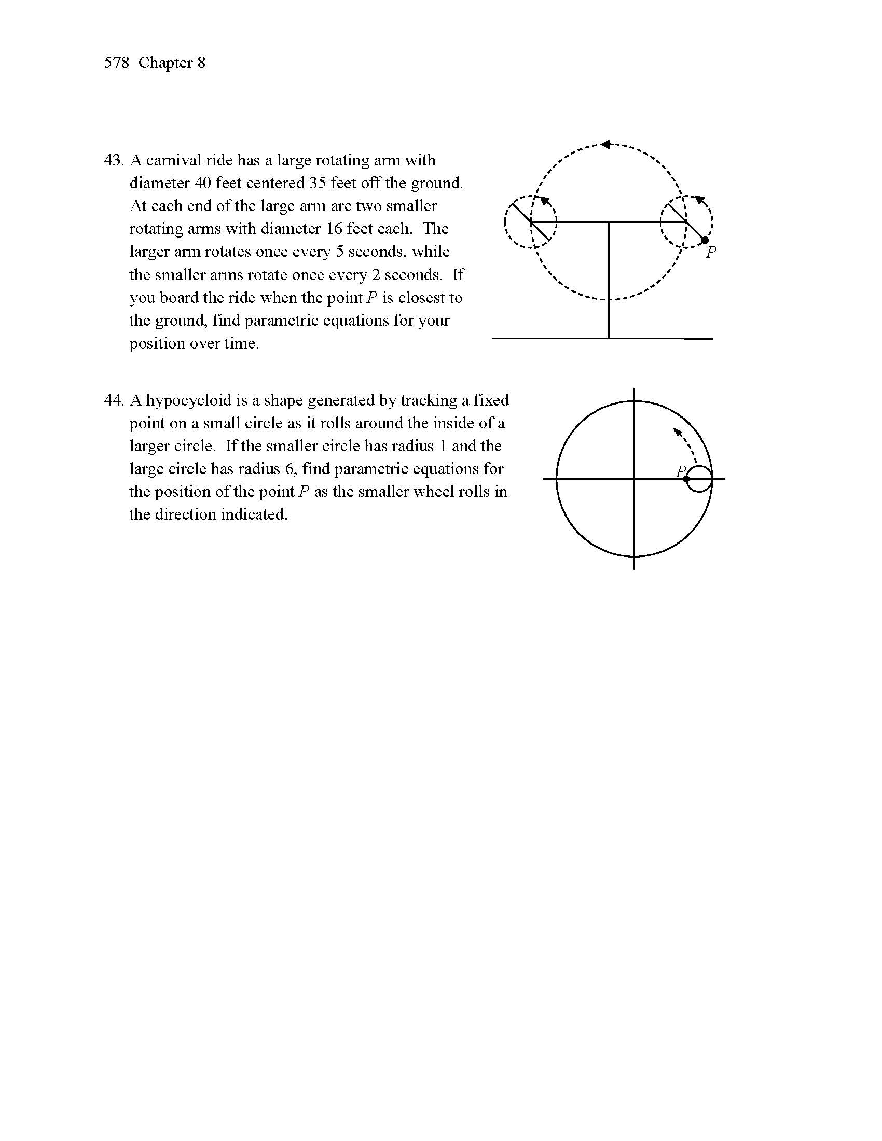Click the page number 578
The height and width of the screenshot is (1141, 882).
tap(116, 63)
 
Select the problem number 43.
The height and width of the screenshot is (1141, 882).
tap(113, 160)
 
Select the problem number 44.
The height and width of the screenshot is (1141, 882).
tap(113, 400)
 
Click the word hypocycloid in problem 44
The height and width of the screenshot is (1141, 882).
tap(188, 400)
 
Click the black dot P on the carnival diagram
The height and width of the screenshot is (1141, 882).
tap(705, 240)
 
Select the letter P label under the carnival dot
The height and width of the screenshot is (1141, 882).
tap(711, 254)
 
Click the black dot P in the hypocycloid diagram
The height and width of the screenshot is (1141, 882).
tap(686, 479)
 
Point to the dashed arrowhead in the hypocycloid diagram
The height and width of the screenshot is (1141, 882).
tap(677, 432)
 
